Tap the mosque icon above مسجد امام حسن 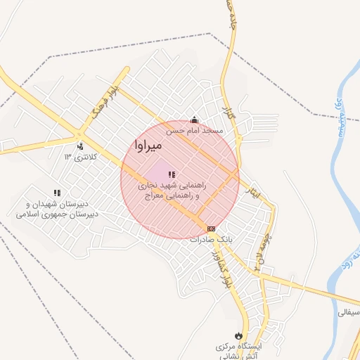point(195,120)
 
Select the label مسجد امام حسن point(195,131)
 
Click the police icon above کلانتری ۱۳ point(80,146)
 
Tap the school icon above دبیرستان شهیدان point(57,193)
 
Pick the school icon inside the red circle point(172,174)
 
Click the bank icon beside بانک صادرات point(212,229)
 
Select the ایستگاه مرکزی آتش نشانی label point(238,352)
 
